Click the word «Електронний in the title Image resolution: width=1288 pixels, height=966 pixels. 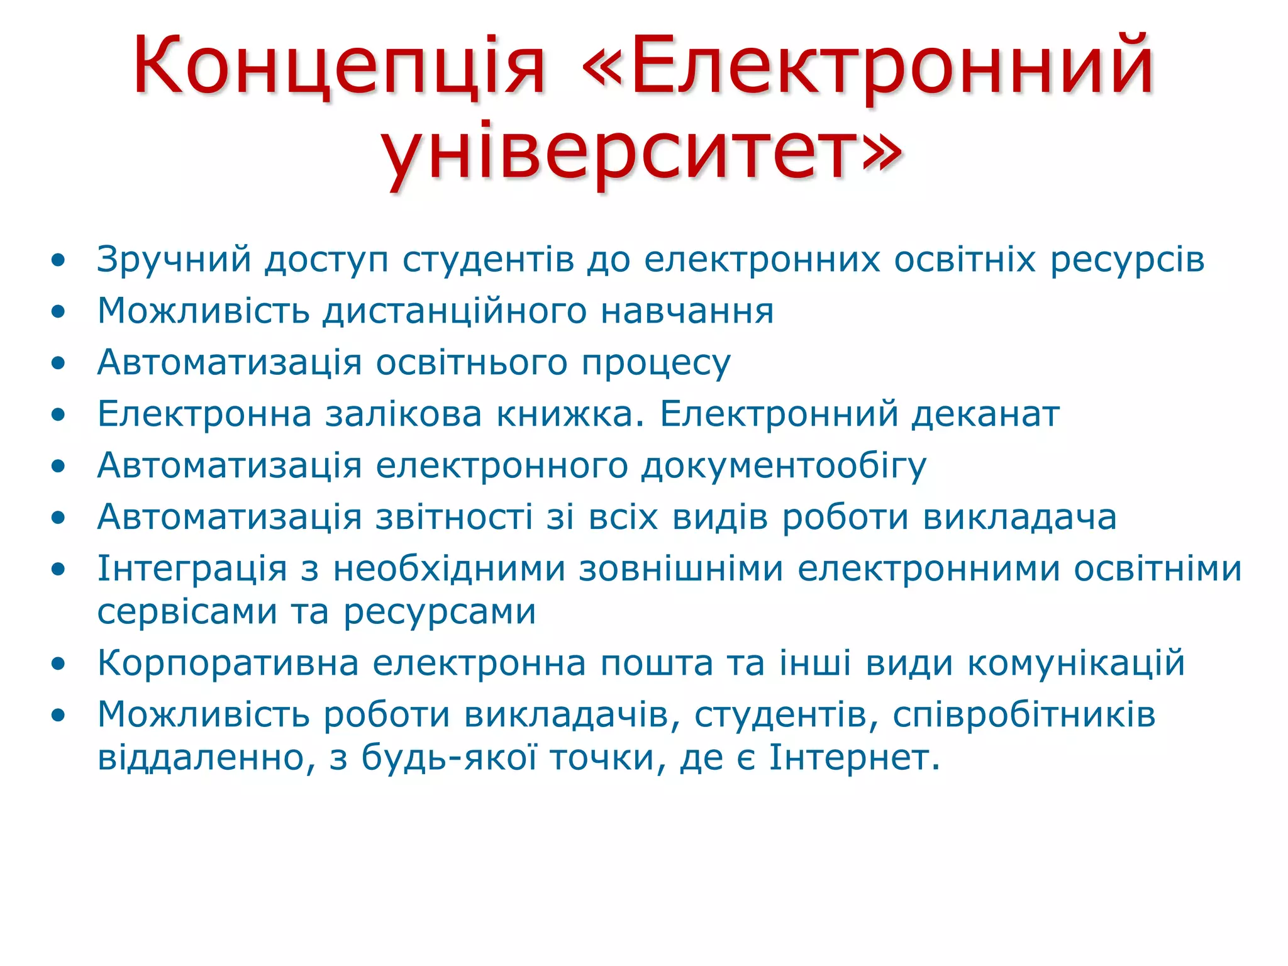click(x=868, y=66)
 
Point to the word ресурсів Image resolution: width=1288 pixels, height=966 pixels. click(x=1127, y=260)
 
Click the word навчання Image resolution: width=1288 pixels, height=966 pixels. click(x=687, y=311)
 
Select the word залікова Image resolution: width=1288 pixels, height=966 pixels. click(x=403, y=414)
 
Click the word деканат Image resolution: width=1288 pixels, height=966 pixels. click(x=985, y=414)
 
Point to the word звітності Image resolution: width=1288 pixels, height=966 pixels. click(x=454, y=518)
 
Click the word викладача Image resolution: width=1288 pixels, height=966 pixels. click(x=1019, y=518)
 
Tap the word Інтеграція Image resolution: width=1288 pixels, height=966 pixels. click(x=192, y=569)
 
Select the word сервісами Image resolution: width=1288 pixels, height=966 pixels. click(x=187, y=612)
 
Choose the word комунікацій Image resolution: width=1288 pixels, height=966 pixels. click(x=1075, y=663)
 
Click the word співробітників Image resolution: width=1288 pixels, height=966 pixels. click(x=1024, y=715)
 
